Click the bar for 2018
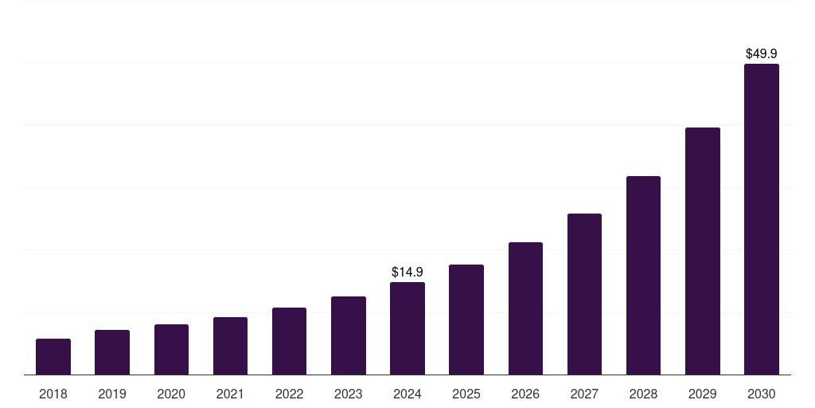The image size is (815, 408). [x=53, y=356]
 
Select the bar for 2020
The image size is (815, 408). [x=171, y=349]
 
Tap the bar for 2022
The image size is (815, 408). [x=289, y=341]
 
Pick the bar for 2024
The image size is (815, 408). [x=407, y=328]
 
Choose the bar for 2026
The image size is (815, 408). [x=525, y=308]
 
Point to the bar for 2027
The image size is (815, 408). [x=584, y=294]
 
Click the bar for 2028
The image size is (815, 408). [x=643, y=275]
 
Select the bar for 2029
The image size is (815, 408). [x=702, y=251]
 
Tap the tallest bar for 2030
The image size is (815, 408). [x=761, y=219]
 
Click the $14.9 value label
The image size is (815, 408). [x=407, y=273]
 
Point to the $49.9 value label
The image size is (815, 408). [x=761, y=54]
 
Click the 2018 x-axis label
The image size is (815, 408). [x=53, y=394]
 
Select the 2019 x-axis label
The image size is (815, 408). [x=112, y=394]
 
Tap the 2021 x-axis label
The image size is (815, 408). [x=230, y=394]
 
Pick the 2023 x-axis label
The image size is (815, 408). [x=348, y=394]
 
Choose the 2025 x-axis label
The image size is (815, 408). [x=466, y=394]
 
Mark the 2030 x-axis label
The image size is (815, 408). [x=761, y=394]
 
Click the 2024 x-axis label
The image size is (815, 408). [x=407, y=394]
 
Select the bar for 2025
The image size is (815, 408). [x=466, y=320]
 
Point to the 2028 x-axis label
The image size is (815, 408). [x=643, y=394]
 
